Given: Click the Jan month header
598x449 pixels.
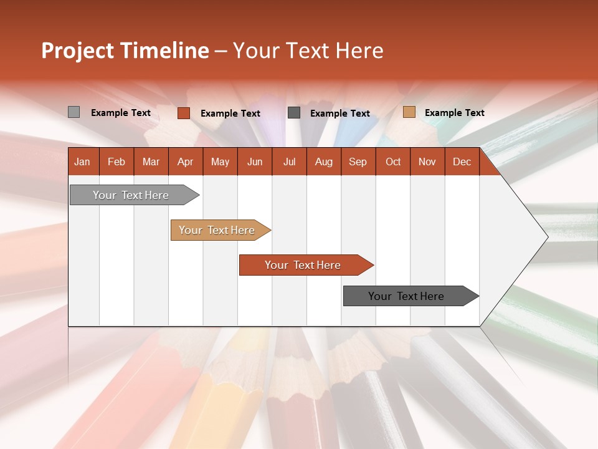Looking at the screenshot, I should click(83, 162).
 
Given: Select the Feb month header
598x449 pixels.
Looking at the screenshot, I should click(116, 162).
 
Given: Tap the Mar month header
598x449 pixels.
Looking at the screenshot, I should click(151, 162).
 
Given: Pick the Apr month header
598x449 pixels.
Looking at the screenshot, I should click(185, 162).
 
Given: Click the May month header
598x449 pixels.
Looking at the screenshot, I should click(220, 162).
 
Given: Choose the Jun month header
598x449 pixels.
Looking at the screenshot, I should click(255, 162).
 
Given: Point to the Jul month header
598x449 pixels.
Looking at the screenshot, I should click(289, 162).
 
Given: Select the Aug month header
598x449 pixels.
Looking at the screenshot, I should click(323, 162).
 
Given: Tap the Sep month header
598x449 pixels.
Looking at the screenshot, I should click(358, 162).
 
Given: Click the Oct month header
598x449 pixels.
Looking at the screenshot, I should click(393, 162).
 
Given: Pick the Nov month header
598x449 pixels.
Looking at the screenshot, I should click(427, 162).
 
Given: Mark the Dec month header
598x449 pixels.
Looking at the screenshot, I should click(462, 162).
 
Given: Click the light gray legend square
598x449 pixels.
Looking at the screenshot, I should click(74, 112).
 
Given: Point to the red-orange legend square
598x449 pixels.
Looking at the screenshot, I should click(184, 113).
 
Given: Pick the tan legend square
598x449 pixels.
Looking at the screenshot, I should click(409, 112).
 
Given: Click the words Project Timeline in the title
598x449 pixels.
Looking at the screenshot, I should click(125, 51).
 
